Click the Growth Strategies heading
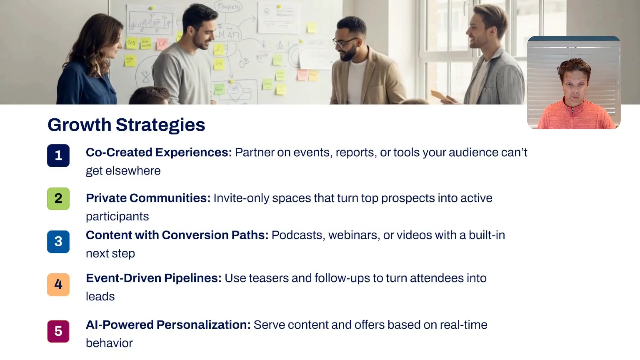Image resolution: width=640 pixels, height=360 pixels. point(126,125)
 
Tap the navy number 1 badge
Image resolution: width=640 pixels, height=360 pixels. point(58,155)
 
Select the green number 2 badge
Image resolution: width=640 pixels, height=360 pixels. point(58,199)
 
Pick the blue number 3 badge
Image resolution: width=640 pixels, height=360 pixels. point(58,242)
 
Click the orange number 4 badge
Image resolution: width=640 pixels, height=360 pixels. point(58,285)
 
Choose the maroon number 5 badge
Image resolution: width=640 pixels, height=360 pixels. point(58,331)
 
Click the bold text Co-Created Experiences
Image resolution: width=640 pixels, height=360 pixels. point(159,152)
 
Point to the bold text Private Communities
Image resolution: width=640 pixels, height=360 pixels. point(148,198)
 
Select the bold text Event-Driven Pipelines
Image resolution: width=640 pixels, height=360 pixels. point(154,278)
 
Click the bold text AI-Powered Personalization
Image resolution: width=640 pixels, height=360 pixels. point(168,325)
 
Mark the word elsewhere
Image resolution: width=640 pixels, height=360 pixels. point(133,171)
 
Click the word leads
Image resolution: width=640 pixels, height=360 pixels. point(100,296)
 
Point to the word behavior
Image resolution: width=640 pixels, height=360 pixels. point(109,343)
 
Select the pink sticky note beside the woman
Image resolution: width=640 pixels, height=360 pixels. point(162,44)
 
